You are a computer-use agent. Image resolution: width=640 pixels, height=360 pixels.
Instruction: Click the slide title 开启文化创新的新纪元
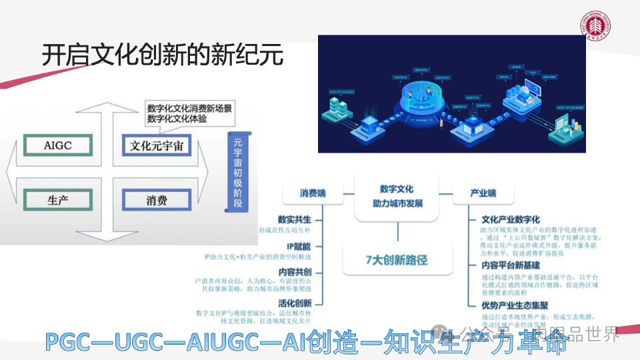point(163,55)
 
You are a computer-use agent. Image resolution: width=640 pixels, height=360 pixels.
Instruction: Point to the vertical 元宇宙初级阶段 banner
point(237,172)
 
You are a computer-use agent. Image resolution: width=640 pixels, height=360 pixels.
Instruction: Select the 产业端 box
point(483,193)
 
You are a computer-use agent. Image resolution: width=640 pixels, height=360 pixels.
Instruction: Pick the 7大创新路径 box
point(397,260)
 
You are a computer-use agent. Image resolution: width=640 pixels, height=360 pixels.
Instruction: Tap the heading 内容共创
point(295,272)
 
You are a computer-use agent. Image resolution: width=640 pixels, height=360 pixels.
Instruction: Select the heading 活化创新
point(295,303)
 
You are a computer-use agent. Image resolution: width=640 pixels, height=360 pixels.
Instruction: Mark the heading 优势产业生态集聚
point(515,305)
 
